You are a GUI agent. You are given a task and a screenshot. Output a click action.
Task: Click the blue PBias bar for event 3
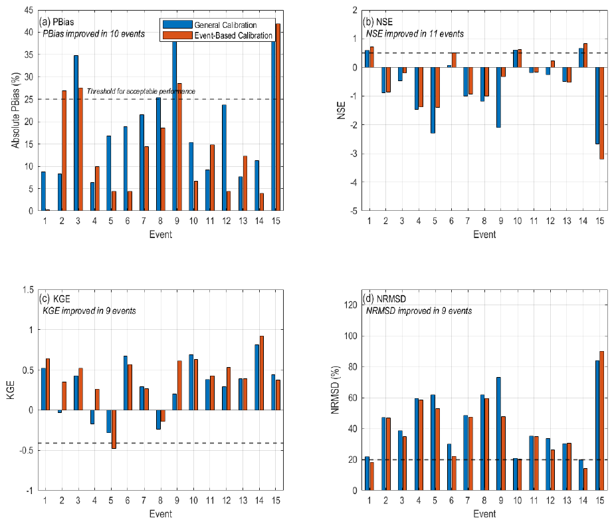click(x=76, y=133)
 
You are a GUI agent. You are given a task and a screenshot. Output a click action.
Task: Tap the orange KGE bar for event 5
click(x=114, y=429)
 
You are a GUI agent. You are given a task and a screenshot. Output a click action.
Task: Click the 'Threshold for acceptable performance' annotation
click(x=141, y=91)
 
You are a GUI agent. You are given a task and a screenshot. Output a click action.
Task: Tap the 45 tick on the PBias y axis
click(x=29, y=10)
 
